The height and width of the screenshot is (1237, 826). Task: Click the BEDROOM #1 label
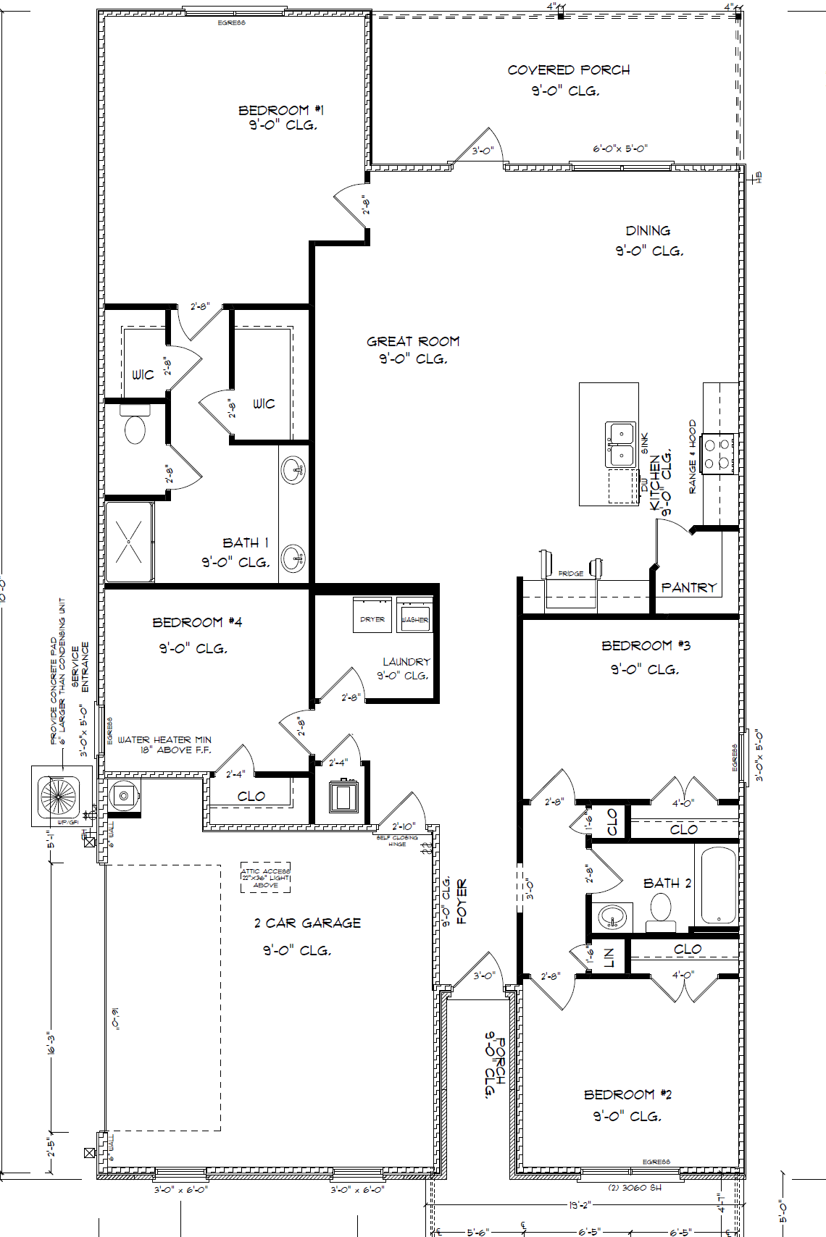[x=281, y=110]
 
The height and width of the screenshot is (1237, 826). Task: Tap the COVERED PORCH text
[x=568, y=70]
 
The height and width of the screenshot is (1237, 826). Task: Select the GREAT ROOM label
[x=412, y=341]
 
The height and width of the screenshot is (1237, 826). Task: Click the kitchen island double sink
[x=620, y=445]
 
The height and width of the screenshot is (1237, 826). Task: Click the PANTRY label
[x=688, y=587]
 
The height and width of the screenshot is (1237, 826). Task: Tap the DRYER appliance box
[x=372, y=616]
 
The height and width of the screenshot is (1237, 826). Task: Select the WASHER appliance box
[x=414, y=616]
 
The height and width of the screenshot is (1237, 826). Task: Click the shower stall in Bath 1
[x=129, y=542]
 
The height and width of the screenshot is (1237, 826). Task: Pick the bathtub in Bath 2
[x=718, y=885]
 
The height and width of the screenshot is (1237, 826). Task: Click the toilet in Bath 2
[x=661, y=911]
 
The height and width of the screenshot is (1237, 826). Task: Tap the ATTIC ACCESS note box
[x=265, y=877]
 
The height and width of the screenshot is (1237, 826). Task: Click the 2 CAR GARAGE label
[x=307, y=923]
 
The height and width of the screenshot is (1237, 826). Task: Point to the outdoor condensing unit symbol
[x=59, y=796]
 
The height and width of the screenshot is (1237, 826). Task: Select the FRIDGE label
[x=570, y=574]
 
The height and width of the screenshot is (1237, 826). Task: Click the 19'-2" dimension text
[x=580, y=1205]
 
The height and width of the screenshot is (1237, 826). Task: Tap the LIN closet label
[x=609, y=957]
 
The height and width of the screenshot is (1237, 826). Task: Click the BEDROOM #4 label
[x=197, y=622]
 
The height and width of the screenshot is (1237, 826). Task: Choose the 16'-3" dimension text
[x=51, y=1044]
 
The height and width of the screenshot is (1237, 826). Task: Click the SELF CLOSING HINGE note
[x=397, y=841]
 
